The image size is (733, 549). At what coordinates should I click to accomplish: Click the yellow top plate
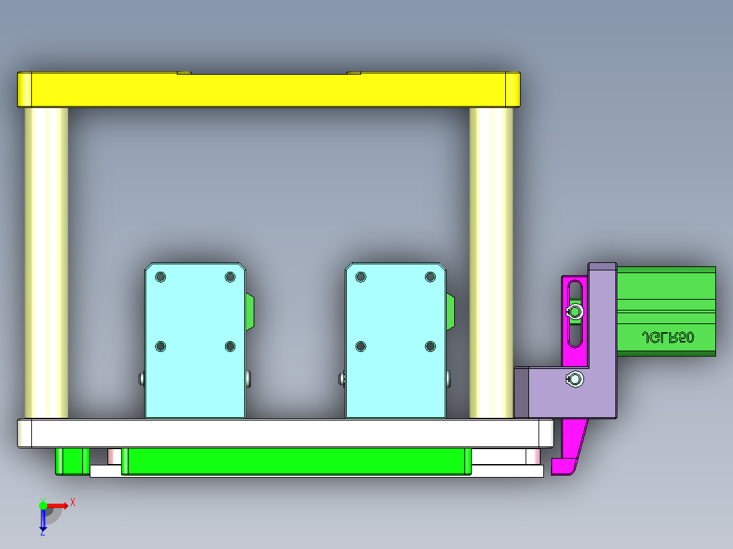point(269,90)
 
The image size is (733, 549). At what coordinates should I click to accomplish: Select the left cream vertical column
point(46,262)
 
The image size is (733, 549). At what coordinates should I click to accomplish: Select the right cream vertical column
point(491,262)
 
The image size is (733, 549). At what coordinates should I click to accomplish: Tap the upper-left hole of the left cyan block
point(160,277)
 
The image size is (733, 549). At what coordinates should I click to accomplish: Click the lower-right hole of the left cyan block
point(230,347)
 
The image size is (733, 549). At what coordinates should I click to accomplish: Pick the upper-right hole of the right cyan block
point(430,277)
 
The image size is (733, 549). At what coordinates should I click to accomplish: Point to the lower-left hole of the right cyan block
point(360,347)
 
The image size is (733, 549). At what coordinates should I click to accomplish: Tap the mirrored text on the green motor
point(668,337)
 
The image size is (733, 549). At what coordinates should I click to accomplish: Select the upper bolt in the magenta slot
point(575,312)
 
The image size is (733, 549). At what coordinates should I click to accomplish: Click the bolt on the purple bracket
point(575,379)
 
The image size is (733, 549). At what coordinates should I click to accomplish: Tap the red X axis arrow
point(59,505)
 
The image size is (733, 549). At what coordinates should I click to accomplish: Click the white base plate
point(286,433)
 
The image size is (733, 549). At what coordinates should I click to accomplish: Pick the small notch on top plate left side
point(184,72)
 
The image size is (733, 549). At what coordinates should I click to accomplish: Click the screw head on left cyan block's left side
point(141,378)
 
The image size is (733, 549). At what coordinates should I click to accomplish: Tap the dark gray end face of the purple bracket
point(522,392)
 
